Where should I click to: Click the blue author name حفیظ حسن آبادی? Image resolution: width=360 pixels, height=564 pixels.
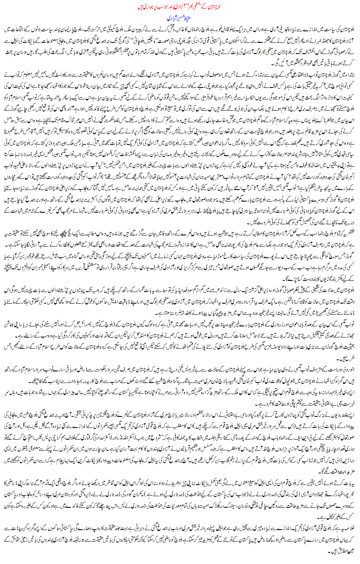pyautogui.click(x=180, y=19)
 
